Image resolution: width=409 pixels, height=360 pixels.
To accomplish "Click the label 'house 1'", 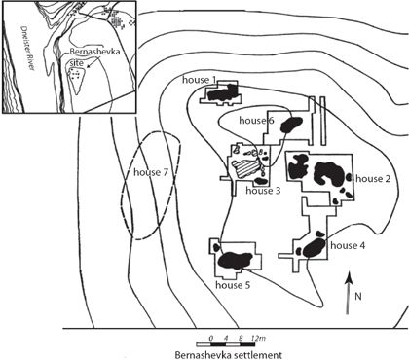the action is click(x=197, y=80).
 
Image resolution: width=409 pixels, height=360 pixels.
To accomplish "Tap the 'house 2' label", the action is click(x=373, y=179).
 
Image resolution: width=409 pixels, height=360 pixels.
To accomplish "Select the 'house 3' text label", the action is click(x=263, y=191).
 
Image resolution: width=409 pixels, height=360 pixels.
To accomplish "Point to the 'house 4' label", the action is click(x=348, y=245).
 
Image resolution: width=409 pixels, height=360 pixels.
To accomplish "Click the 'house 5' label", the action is click(x=233, y=285).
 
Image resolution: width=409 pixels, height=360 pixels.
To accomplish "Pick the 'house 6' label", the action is click(x=256, y=121).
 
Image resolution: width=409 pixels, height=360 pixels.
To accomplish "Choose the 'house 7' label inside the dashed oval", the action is click(x=151, y=172).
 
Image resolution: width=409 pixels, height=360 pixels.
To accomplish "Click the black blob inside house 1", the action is click(x=222, y=93).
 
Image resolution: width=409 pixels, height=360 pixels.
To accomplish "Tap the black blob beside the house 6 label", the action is click(x=291, y=125).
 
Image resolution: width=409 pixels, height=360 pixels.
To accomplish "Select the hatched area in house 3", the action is click(x=247, y=169).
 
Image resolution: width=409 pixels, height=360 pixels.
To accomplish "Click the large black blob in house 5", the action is click(x=235, y=260).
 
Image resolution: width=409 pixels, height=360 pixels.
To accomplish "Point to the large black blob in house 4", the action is click(x=314, y=248).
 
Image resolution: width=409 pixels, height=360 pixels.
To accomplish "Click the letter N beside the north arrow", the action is click(x=358, y=297).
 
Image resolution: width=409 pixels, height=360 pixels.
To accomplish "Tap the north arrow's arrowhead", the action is click(x=349, y=277).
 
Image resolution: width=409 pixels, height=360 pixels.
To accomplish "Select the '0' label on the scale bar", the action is click(x=211, y=339).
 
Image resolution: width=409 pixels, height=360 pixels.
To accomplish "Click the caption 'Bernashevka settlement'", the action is click(x=229, y=354).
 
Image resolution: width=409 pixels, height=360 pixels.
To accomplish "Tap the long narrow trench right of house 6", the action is click(x=322, y=121).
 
